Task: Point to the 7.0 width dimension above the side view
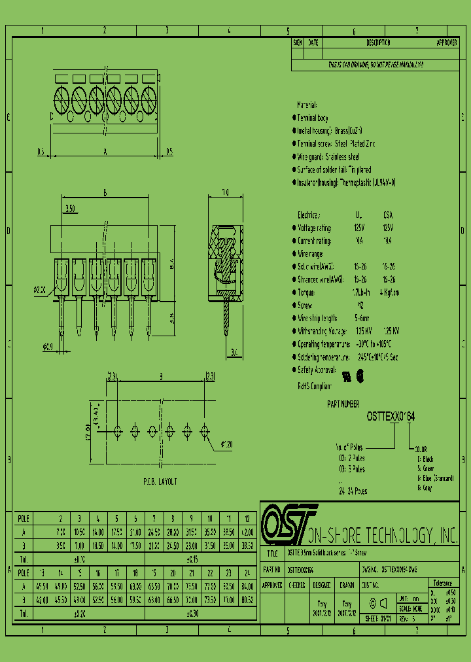coord(225,193)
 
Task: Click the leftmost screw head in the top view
coord(62,101)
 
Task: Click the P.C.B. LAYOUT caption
coord(160,481)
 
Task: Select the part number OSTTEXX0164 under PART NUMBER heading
coord(391,416)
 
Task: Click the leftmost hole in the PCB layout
coord(118,430)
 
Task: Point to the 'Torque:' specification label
coord(307,292)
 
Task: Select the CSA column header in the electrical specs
coord(388,215)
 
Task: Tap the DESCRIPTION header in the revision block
coord(378,43)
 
